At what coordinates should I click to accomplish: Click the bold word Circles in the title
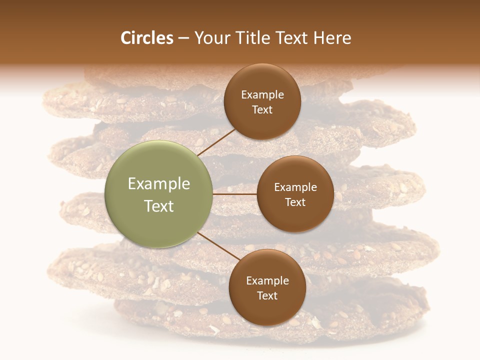click(146, 38)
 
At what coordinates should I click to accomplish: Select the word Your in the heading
click(212, 38)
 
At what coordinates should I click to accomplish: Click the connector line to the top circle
click(217, 141)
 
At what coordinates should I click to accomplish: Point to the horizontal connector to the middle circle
click(235, 194)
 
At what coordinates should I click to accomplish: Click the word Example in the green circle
click(159, 184)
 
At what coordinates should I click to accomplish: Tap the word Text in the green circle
click(159, 206)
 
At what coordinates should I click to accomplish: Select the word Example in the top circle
click(262, 95)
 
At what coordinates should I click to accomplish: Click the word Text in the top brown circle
click(262, 110)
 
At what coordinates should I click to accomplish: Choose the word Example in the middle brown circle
click(295, 187)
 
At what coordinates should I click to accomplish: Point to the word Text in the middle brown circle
click(295, 202)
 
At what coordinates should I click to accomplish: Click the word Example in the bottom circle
click(267, 281)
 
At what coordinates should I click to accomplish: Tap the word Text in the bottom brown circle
click(267, 296)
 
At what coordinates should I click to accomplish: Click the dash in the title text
click(183, 38)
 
